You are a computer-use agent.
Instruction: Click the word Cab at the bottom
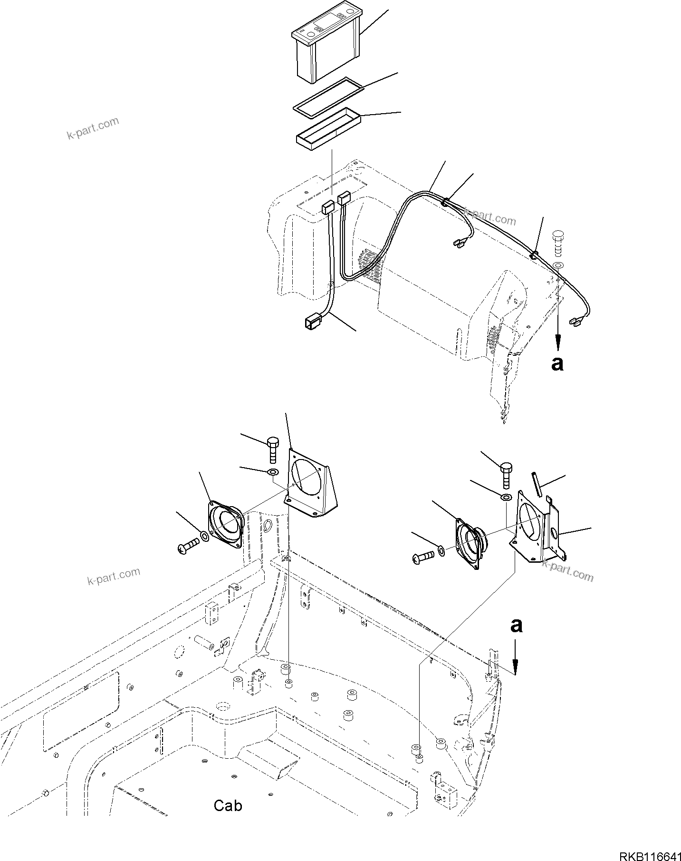228,805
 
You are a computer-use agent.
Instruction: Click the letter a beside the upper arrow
557,363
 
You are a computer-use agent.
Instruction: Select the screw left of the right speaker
423,555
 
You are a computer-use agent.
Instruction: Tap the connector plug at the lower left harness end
312,323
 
